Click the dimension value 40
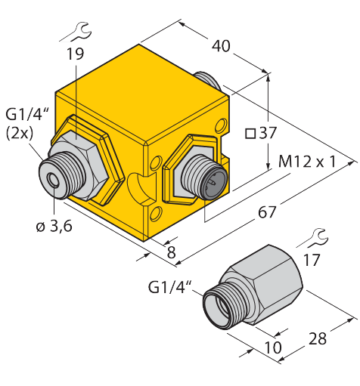click(x=221, y=47)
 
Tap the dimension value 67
click(x=267, y=213)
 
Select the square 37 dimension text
click(x=261, y=133)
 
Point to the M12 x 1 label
click(x=307, y=162)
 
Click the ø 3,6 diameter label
click(x=54, y=226)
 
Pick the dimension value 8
click(x=172, y=252)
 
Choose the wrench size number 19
click(x=75, y=54)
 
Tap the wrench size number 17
click(x=312, y=260)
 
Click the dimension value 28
click(x=318, y=338)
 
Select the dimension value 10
click(x=273, y=347)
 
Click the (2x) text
click(x=20, y=134)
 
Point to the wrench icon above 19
click(x=78, y=32)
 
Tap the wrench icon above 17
click(x=314, y=239)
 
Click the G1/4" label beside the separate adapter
click(x=170, y=287)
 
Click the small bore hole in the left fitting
click(x=54, y=180)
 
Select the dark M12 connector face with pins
click(x=214, y=183)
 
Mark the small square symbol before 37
click(x=250, y=134)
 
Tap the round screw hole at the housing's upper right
click(x=220, y=125)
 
